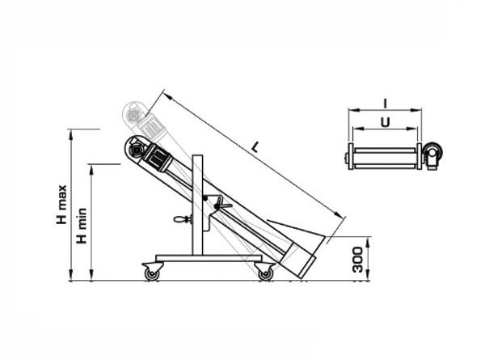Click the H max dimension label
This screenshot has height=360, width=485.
[61, 205]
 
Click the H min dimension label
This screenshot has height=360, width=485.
[82, 226]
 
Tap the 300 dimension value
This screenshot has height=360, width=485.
[357, 260]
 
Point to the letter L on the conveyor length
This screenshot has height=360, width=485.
[255, 146]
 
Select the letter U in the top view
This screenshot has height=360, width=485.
[385, 122]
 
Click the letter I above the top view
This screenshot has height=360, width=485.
[385, 104]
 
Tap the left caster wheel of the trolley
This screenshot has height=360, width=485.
[152, 274]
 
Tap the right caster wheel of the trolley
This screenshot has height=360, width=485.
[266, 274]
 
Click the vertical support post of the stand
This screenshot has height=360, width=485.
[197, 205]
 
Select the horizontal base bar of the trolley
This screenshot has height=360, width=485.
[209, 258]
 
